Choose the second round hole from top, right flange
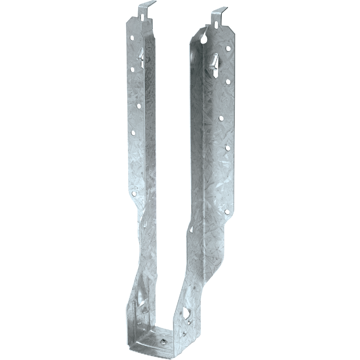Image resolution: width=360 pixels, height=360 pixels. (x=228, y=81)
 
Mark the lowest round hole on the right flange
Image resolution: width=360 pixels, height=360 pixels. (x=227, y=212)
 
